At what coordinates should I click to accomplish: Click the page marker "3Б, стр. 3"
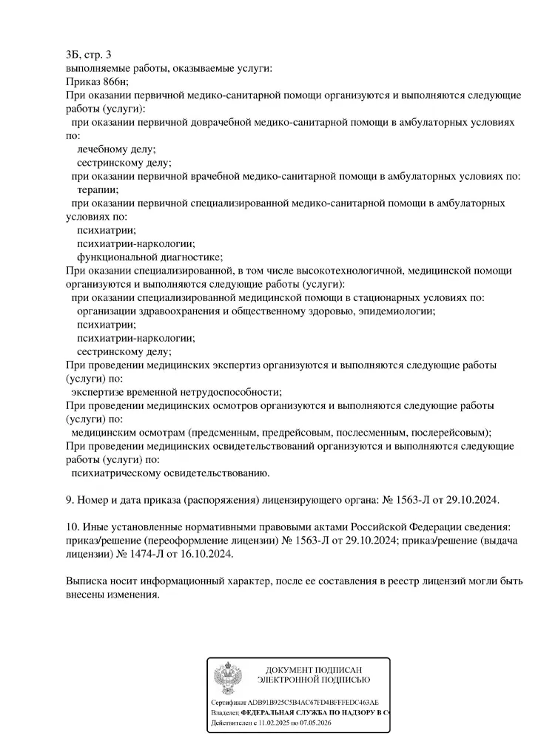tap(89, 55)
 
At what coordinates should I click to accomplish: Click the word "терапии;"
tap(98, 189)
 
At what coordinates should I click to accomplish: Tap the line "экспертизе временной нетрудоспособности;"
tap(176, 392)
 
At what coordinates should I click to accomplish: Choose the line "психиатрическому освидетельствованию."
tap(170, 473)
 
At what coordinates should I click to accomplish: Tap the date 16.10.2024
tap(215, 555)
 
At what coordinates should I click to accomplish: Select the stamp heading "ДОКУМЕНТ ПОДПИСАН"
tap(314, 669)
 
